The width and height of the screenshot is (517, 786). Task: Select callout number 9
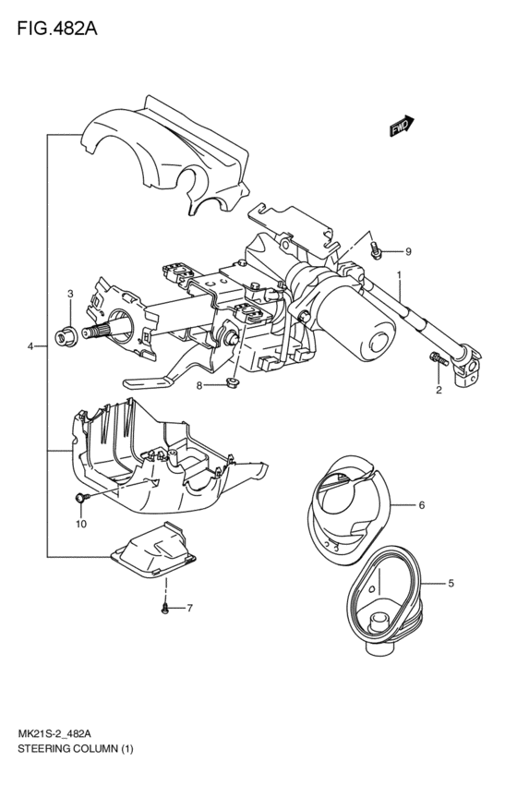(x=408, y=252)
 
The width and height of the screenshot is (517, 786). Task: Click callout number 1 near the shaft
(x=399, y=275)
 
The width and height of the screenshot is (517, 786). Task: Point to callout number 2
(x=439, y=390)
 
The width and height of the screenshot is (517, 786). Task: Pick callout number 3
(x=70, y=294)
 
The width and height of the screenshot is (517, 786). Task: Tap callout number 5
(x=451, y=583)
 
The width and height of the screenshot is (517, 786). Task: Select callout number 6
(x=421, y=505)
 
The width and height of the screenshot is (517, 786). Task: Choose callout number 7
(x=190, y=608)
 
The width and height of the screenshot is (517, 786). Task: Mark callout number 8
(x=198, y=385)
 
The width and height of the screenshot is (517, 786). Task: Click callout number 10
(x=80, y=524)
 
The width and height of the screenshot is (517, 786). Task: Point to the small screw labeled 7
(x=165, y=608)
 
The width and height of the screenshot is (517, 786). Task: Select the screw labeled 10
(x=81, y=499)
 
